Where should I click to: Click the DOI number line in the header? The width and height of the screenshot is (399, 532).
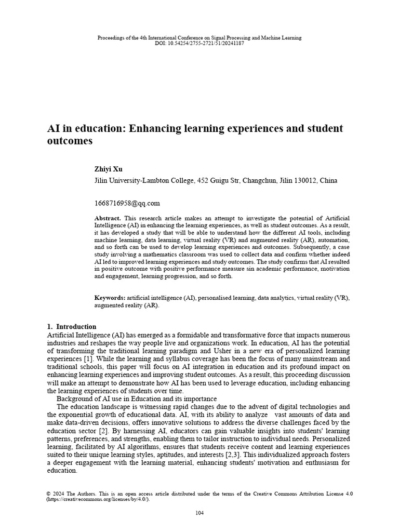(199, 43)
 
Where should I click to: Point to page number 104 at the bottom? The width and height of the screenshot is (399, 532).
(199, 513)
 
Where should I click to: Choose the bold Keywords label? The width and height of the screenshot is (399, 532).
(110, 298)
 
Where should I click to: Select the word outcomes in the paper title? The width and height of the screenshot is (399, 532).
(70, 141)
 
